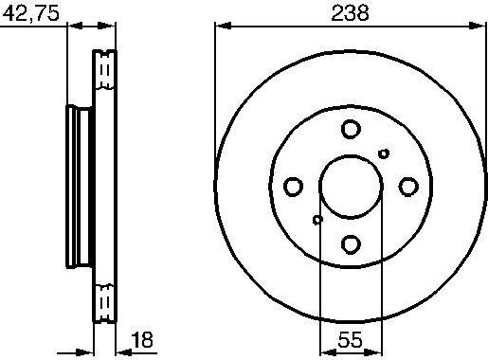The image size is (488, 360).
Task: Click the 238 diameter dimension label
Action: tap(350, 12)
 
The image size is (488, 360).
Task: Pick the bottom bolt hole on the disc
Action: tap(351, 244)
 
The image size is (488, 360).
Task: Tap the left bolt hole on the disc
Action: tap(293, 187)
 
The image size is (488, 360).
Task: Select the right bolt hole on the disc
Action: tap(408, 187)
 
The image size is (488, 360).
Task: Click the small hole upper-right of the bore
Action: tap(384, 153)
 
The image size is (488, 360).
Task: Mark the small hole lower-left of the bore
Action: tap(317, 220)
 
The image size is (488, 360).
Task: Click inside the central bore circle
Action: tap(351, 187)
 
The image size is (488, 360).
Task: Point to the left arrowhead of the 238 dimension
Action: tap(222, 27)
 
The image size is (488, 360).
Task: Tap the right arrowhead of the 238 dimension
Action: tap(479, 27)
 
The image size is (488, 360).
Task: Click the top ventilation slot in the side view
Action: tap(104, 71)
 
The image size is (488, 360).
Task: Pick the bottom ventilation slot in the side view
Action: tap(104, 301)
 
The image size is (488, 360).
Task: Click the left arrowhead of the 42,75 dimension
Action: tap(72, 27)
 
